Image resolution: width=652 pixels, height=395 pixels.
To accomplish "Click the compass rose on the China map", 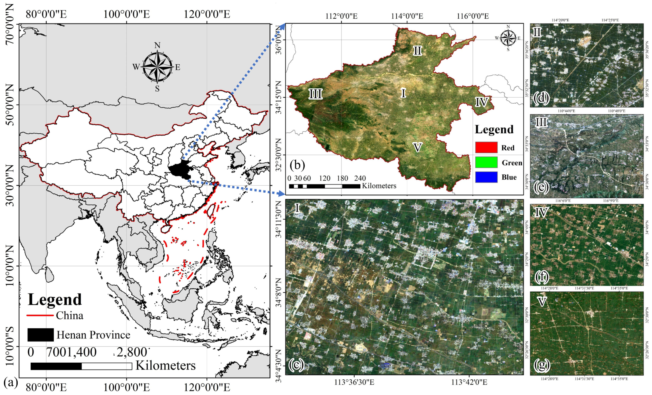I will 157,67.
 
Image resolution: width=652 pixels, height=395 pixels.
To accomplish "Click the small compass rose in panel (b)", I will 507,38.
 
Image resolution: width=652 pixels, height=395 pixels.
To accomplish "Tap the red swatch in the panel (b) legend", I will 486,148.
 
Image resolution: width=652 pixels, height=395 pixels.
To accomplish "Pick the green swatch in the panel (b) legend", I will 486,162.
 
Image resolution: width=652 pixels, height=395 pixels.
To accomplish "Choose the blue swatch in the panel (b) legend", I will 486,177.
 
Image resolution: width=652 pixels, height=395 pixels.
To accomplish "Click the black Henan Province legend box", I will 40,335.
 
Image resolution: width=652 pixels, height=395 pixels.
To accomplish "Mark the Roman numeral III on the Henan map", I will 315,94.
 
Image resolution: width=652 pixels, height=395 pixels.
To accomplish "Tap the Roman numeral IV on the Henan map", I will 481,102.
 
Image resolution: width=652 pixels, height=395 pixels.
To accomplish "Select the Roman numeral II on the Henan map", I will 417,50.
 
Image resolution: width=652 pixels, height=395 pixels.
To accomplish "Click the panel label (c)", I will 296,365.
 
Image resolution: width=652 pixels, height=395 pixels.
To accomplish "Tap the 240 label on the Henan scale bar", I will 360,178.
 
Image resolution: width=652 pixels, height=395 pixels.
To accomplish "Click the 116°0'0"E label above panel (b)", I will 473,16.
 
